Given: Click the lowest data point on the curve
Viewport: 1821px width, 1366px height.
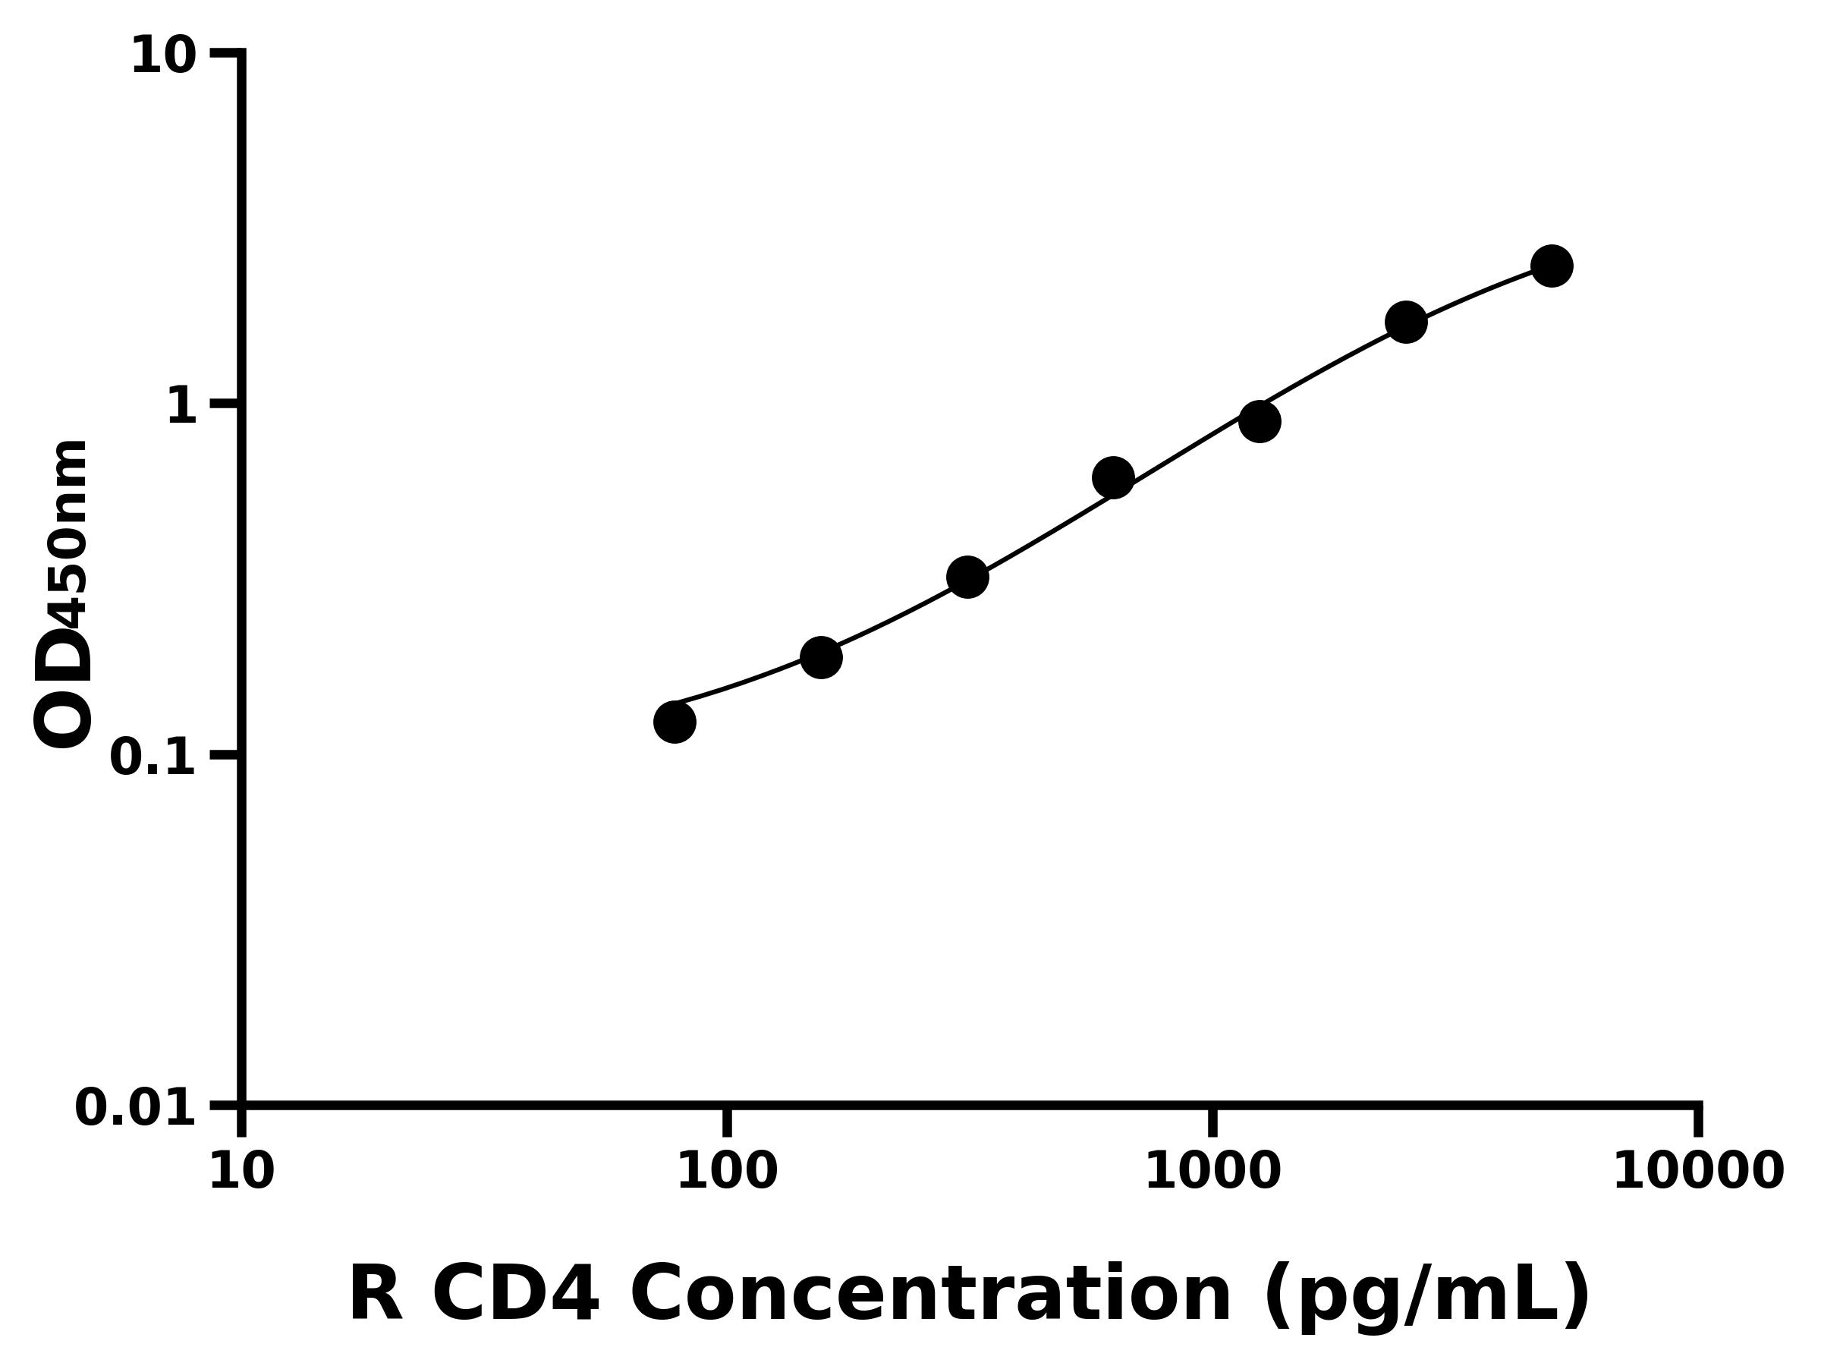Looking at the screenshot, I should (x=675, y=722).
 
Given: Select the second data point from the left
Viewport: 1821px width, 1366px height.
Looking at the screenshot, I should (x=821, y=657).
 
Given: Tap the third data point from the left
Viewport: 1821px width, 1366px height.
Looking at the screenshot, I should (x=967, y=578).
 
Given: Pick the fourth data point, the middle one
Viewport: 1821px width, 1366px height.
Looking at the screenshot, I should (x=1113, y=477).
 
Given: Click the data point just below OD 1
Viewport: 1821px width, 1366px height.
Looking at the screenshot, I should (x=1260, y=422).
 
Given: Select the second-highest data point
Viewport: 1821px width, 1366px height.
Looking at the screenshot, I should (x=1406, y=322).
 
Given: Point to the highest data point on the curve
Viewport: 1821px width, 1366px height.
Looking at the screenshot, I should (x=1552, y=266).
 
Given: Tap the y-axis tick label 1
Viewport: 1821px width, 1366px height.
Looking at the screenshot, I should (x=182, y=407).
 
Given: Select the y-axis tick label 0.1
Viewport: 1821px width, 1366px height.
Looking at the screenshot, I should (x=153, y=757).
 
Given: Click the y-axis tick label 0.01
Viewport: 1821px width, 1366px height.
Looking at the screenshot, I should (x=136, y=1107).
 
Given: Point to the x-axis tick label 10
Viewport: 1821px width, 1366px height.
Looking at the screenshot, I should (x=241, y=1172).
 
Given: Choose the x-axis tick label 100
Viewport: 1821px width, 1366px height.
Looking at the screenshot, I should (x=727, y=1172).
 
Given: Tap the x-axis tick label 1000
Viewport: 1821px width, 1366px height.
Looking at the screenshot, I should (x=1212, y=1172).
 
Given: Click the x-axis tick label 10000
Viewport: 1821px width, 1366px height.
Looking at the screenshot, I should (x=1698, y=1172).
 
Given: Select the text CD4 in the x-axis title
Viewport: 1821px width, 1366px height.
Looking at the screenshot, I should (x=516, y=1295).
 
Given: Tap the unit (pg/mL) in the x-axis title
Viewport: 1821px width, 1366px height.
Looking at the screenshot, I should (x=1426, y=1296).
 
